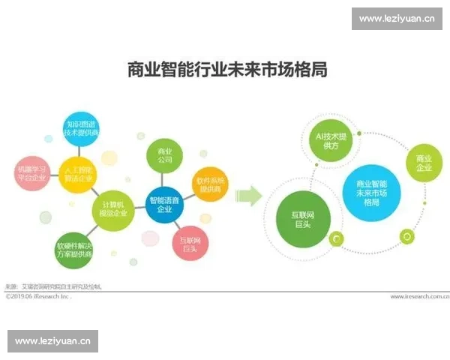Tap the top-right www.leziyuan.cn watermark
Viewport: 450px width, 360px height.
tap(396, 18)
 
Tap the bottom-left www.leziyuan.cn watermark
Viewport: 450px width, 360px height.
tap(53, 341)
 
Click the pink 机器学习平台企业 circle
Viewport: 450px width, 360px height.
tap(31, 174)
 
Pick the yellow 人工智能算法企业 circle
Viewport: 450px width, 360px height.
tap(77, 174)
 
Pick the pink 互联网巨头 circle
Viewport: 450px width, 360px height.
tap(190, 243)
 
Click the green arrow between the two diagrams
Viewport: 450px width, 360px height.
tap(248, 196)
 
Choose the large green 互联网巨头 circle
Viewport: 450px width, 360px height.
tap(301, 219)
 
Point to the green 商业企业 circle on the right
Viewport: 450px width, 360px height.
tap(424, 162)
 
